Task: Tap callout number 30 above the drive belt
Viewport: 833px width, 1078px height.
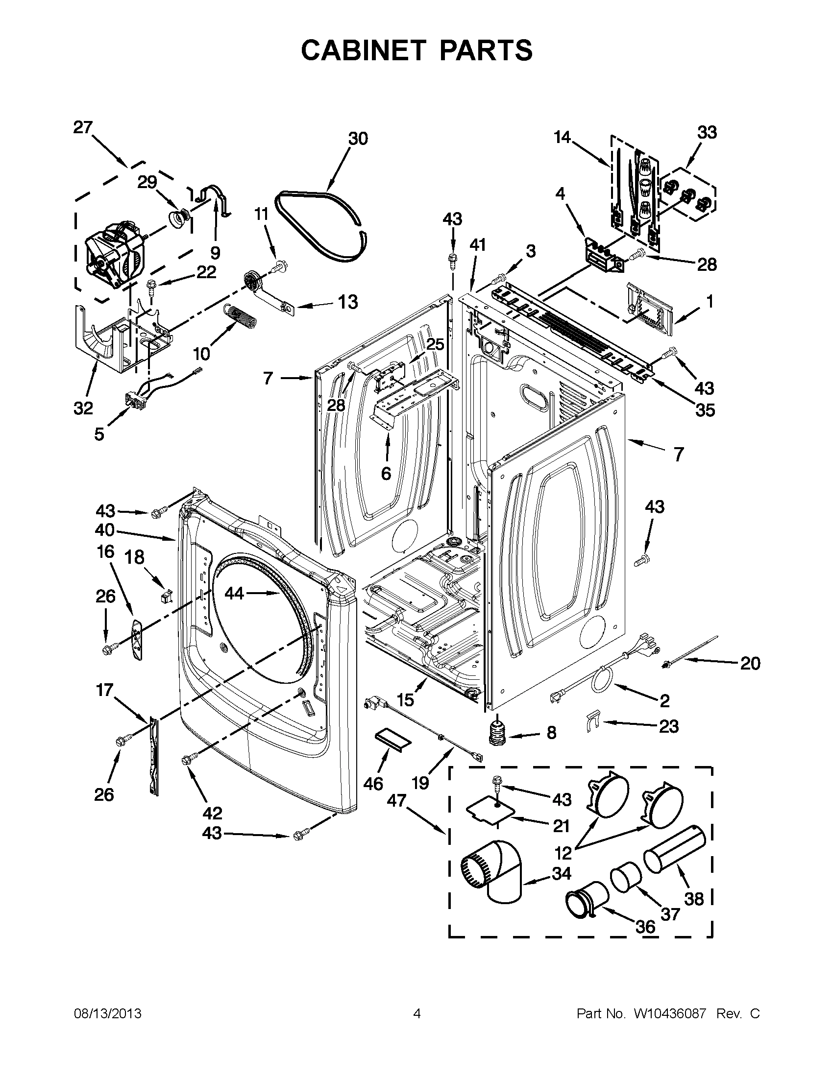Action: tap(358, 139)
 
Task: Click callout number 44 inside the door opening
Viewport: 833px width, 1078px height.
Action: tap(235, 593)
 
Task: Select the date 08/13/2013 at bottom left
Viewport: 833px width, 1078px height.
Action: tap(108, 1014)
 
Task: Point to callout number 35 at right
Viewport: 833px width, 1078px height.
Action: tap(705, 410)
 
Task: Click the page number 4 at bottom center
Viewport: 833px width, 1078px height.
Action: tap(417, 1014)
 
